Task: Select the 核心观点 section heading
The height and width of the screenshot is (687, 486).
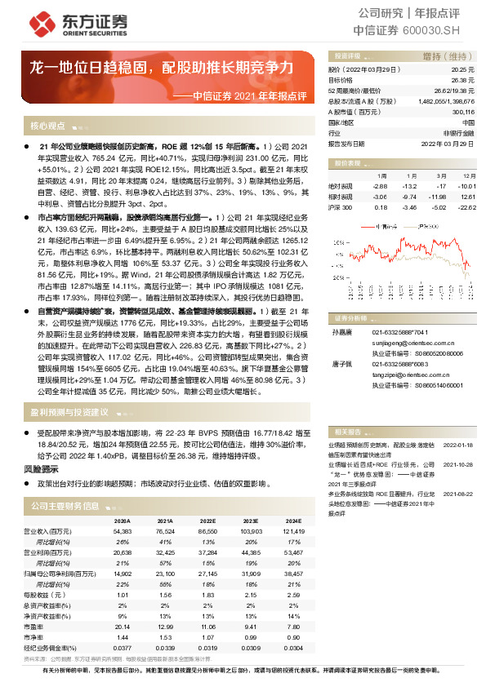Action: click(x=48, y=126)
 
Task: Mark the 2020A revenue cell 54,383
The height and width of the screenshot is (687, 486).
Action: click(x=119, y=530)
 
